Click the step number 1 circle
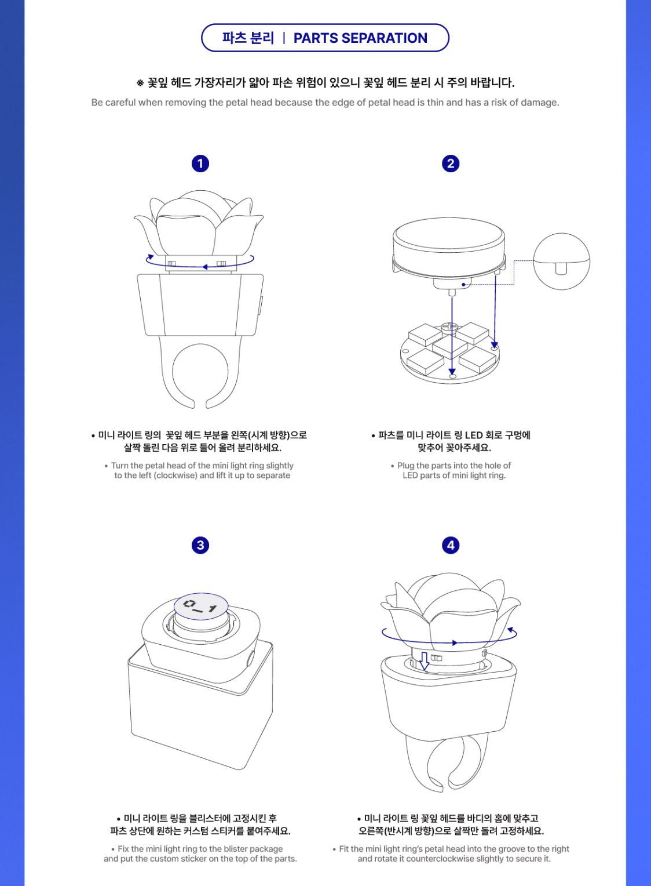[x=200, y=164]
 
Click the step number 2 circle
[x=451, y=164]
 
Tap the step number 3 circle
[x=200, y=546]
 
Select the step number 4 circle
[x=451, y=546]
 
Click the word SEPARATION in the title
[x=385, y=38]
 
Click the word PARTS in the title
[x=315, y=38]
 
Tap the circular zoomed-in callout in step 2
[x=561, y=261]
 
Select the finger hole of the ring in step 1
[x=200, y=372]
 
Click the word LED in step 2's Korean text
[x=474, y=435]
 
